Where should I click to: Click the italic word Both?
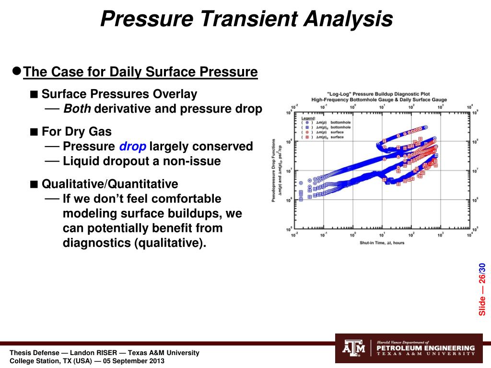[x=77, y=109]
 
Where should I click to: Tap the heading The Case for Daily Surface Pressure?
[x=140, y=72]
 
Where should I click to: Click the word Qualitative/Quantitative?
[x=110, y=184]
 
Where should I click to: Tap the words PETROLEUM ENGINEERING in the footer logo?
[x=426, y=348]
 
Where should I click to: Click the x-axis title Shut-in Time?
[x=382, y=242]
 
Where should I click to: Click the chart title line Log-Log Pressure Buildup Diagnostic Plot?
[x=379, y=94]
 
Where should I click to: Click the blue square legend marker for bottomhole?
[x=307, y=127]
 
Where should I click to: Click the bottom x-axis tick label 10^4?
[x=470, y=235]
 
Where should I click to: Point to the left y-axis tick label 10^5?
[x=289, y=230]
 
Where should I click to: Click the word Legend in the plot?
[x=308, y=117]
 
